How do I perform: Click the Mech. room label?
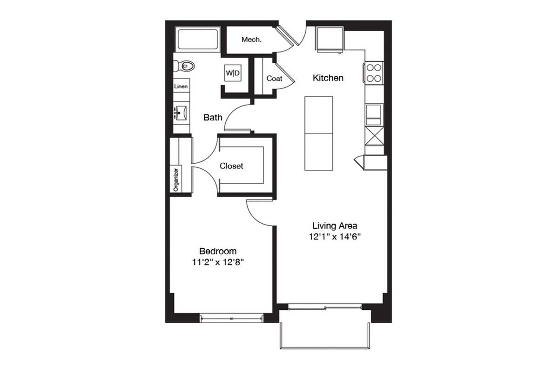251,40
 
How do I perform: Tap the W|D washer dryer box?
233,73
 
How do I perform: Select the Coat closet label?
274,78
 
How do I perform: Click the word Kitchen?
328,78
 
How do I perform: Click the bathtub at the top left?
197,40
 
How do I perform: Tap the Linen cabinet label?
181,86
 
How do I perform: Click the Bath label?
213,118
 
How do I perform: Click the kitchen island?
319,133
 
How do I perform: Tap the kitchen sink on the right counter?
374,115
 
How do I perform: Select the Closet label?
231,166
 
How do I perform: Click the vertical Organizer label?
176,179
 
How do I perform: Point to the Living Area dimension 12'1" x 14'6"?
335,237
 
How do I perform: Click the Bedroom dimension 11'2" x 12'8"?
218,262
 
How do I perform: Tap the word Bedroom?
218,251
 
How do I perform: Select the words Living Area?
335,226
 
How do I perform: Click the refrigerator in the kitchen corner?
330,40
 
